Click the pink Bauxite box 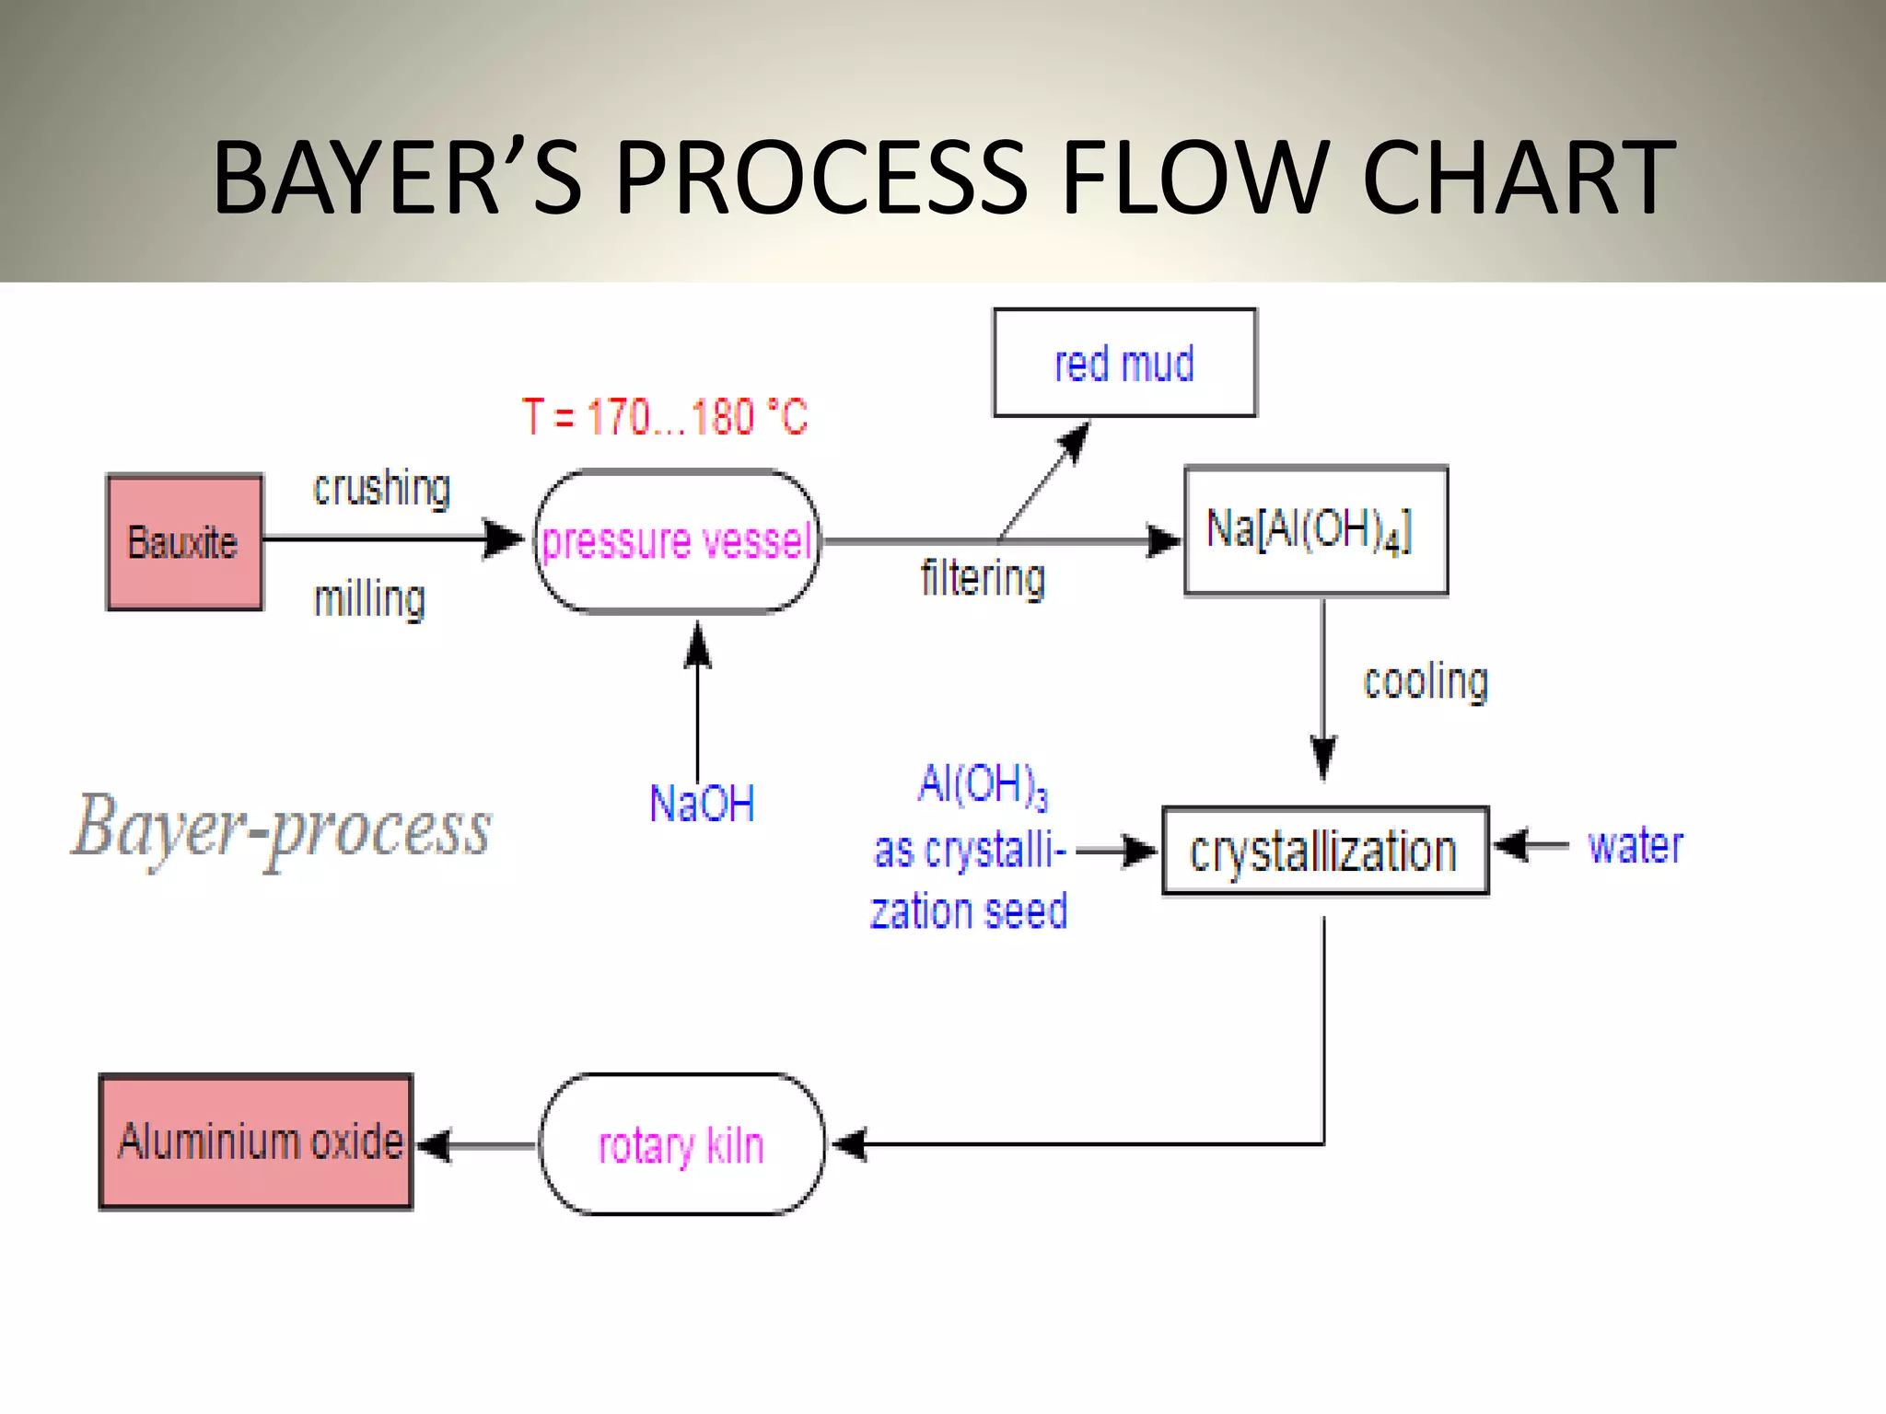pyautogui.click(x=184, y=542)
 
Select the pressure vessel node pyautogui.click(x=677, y=541)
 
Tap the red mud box pyautogui.click(x=1123, y=363)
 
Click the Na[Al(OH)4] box pyautogui.click(x=1315, y=531)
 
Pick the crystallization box pyautogui.click(x=1324, y=851)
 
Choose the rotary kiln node pyautogui.click(x=681, y=1144)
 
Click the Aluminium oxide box pyautogui.click(x=256, y=1142)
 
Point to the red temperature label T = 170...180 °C pyautogui.click(x=665, y=417)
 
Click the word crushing pyautogui.click(x=381, y=488)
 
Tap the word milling pyautogui.click(x=369, y=599)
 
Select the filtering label pyautogui.click(x=983, y=579)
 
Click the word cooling pyautogui.click(x=1425, y=682)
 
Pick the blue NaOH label pyautogui.click(x=702, y=803)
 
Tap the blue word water pyautogui.click(x=1636, y=846)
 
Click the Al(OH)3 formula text pyautogui.click(x=983, y=785)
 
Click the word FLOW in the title pyautogui.click(x=1197, y=177)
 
